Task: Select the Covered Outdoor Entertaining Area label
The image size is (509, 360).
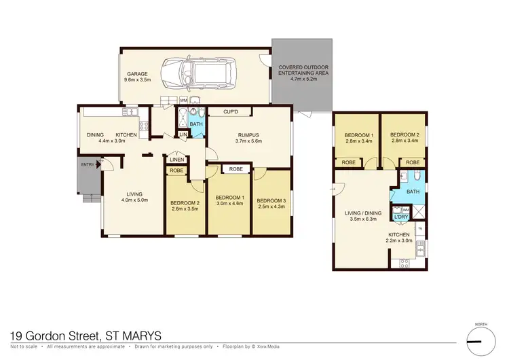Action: (x=303, y=72)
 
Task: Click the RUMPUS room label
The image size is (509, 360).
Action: (x=248, y=137)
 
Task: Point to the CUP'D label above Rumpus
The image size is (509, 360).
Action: (x=231, y=111)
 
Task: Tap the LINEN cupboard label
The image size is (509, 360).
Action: (x=176, y=160)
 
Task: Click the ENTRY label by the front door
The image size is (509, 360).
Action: (x=88, y=164)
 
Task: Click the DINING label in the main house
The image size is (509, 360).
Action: (x=95, y=135)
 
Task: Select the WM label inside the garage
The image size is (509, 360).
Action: (x=183, y=101)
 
